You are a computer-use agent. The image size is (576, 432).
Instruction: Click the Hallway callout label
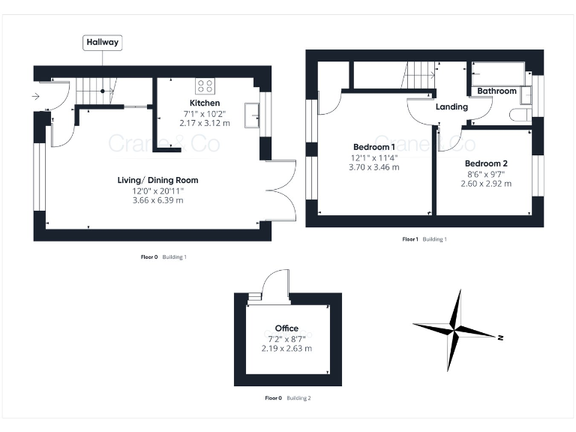(103, 43)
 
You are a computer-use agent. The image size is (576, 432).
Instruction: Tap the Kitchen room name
(205, 103)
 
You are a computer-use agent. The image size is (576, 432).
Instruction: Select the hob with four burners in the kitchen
(205, 85)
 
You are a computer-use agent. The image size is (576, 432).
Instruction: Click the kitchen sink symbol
(256, 112)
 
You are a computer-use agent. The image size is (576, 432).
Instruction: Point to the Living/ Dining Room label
(157, 180)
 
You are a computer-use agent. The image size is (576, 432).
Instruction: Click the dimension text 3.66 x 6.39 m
(157, 200)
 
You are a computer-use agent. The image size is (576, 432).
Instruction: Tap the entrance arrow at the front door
(36, 96)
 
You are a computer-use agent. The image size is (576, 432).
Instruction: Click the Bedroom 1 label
(374, 146)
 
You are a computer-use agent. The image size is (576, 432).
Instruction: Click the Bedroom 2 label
(486, 163)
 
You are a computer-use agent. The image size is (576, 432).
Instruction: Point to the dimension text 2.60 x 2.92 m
(486, 184)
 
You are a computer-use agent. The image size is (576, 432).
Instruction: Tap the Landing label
(451, 106)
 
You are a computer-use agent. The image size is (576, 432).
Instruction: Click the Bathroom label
(497, 91)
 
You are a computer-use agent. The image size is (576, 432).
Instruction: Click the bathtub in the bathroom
(499, 73)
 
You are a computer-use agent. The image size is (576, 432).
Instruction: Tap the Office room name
(286, 328)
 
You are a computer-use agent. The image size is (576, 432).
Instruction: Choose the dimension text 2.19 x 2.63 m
(286, 348)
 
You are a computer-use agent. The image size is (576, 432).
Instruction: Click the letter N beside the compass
(500, 338)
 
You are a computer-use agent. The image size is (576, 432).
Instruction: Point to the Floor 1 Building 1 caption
(424, 239)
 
